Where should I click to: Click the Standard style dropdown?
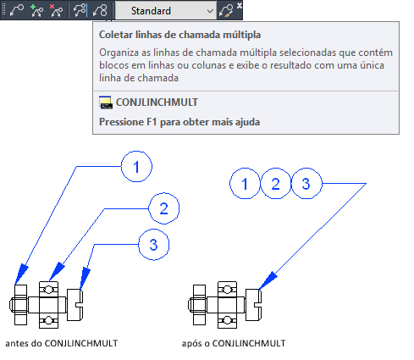[166, 11]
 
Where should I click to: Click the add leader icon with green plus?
[36, 11]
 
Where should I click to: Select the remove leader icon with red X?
[56, 11]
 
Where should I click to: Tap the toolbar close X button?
[240, 5]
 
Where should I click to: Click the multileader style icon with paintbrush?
[226, 11]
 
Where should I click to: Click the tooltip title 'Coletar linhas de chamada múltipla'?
[179, 35]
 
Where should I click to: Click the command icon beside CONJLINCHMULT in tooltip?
[106, 102]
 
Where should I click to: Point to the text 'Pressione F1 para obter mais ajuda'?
[179, 122]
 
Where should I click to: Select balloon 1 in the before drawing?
[136, 167]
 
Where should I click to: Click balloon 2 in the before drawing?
[164, 208]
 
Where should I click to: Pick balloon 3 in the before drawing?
[154, 245]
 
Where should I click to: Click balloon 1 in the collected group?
[245, 184]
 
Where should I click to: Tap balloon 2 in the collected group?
[276, 184]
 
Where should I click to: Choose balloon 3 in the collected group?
[306, 184]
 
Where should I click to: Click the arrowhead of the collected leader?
[268, 280]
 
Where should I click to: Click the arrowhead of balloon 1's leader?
[21, 274]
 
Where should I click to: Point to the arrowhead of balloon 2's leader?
[57, 271]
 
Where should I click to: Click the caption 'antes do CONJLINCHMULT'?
[62, 343]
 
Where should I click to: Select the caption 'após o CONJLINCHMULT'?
[234, 343]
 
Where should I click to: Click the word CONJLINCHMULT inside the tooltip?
[157, 102]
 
